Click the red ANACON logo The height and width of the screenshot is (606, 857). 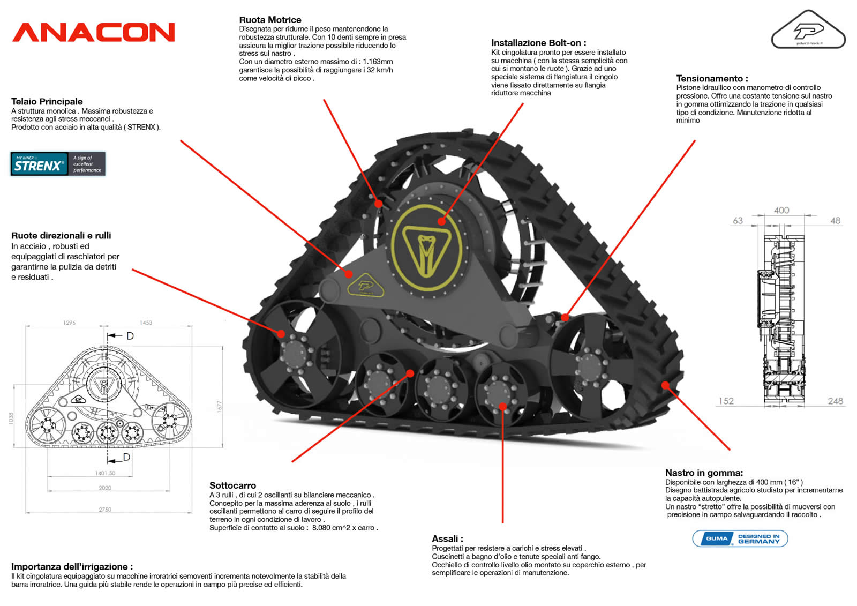click(94, 32)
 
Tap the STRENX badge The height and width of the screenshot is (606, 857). click(58, 164)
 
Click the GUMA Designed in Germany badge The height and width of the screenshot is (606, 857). click(740, 538)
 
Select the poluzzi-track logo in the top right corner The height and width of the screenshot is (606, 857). click(808, 31)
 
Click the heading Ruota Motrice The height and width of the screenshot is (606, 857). click(270, 20)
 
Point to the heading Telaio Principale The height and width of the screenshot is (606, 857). click(47, 101)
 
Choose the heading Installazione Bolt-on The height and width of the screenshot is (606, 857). click(538, 43)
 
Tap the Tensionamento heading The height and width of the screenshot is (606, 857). click(712, 78)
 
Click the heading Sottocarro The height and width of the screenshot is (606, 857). click(232, 485)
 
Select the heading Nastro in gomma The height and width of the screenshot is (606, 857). click(704, 473)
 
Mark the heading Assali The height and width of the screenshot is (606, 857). click(447, 538)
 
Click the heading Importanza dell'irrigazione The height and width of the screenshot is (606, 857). click(72, 566)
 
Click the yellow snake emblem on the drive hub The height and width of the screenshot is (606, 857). click(426, 248)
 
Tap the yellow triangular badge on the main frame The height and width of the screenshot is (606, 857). click(366, 285)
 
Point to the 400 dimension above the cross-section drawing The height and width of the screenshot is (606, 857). click(781, 211)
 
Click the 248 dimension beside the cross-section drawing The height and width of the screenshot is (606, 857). click(835, 401)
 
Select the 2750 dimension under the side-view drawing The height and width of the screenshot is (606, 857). click(105, 510)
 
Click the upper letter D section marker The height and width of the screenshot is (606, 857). click(130, 336)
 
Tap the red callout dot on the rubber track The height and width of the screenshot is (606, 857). click(665, 385)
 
